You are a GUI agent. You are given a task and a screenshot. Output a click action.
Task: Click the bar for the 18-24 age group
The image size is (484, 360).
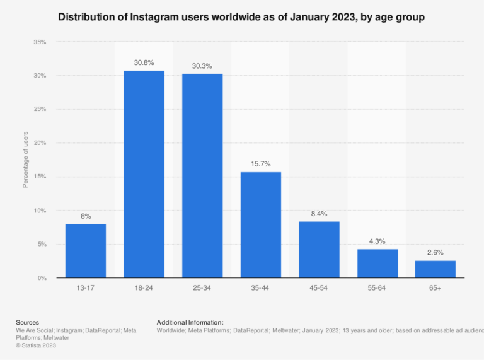pyautogui.click(x=144, y=174)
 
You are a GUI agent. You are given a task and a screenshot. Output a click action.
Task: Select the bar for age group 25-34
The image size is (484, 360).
pyautogui.click(x=202, y=176)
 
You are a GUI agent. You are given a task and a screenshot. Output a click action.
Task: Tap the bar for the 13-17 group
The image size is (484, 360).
pyautogui.click(x=86, y=250)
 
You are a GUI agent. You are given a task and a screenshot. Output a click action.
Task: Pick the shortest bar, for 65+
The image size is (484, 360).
pyautogui.click(x=435, y=269)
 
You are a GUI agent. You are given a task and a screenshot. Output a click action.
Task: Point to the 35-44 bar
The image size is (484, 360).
pyautogui.click(x=261, y=224)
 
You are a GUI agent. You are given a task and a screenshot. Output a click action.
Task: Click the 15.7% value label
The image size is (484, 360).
pyautogui.click(x=261, y=164)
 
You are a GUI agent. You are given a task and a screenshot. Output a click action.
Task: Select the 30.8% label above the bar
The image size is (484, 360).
pyautogui.click(x=144, y=62)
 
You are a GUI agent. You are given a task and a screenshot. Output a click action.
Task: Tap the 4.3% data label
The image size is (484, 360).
pyautogui.click(x=377, y=241)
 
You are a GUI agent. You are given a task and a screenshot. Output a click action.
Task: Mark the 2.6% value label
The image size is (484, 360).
pyautogui.click(x=435, y=252)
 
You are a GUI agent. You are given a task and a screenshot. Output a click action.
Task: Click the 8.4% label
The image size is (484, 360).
pyautogui.click(x=319, y=213)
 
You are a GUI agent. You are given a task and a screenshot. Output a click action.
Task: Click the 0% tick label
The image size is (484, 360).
pyautogui.click(x=42, y=278)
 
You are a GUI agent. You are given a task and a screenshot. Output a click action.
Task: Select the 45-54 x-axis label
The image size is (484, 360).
pyautogui.click(x=319, y=287)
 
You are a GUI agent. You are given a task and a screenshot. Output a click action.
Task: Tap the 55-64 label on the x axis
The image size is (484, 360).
pyautogui.click(x=377, y=287)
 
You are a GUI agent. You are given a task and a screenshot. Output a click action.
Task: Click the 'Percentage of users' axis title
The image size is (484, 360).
pyautogui.click(x=26, y=160)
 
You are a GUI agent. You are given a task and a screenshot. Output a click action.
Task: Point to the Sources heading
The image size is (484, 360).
pyautogui.click(x=27, y=322)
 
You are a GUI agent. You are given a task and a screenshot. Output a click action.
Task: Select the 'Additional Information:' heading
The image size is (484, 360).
pyautogui.click(x=190, y=322)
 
